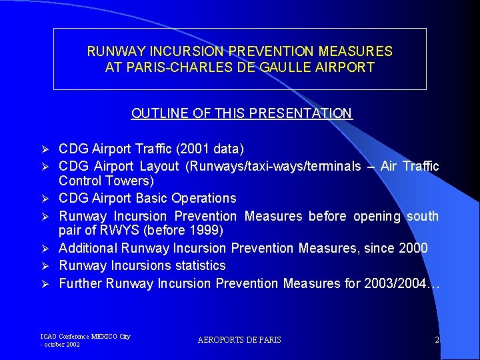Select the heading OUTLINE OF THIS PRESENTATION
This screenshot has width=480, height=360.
241,113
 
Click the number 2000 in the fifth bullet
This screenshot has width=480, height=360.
414,248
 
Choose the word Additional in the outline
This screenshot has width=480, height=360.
88,248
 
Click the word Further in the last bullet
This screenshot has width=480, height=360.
79,283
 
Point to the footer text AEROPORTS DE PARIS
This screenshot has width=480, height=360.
239,340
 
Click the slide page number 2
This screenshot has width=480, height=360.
437,340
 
